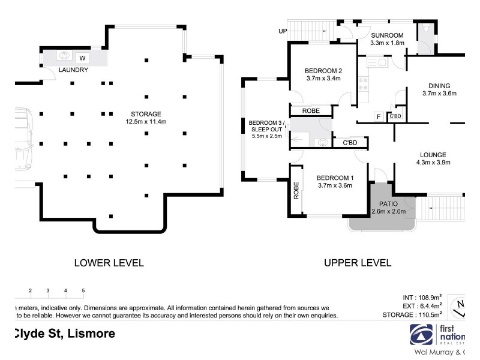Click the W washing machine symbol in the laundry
82,58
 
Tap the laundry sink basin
64,55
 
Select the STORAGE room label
146,114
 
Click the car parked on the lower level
24,139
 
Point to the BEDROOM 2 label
323,71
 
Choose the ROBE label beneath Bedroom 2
311,111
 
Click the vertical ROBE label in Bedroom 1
296,190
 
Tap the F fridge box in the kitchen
379,116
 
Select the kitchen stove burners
363,84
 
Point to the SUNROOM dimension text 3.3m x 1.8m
387,43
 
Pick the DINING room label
439,86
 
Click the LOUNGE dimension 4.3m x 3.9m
433,163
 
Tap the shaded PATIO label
388,204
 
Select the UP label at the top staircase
283,31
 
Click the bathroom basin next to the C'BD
323,142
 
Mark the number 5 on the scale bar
83,290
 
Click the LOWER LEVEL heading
109,263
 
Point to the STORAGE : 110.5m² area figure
412,314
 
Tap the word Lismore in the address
91,334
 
